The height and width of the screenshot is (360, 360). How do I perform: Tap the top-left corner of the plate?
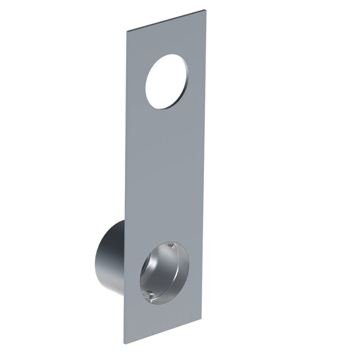tap(126, 31)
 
